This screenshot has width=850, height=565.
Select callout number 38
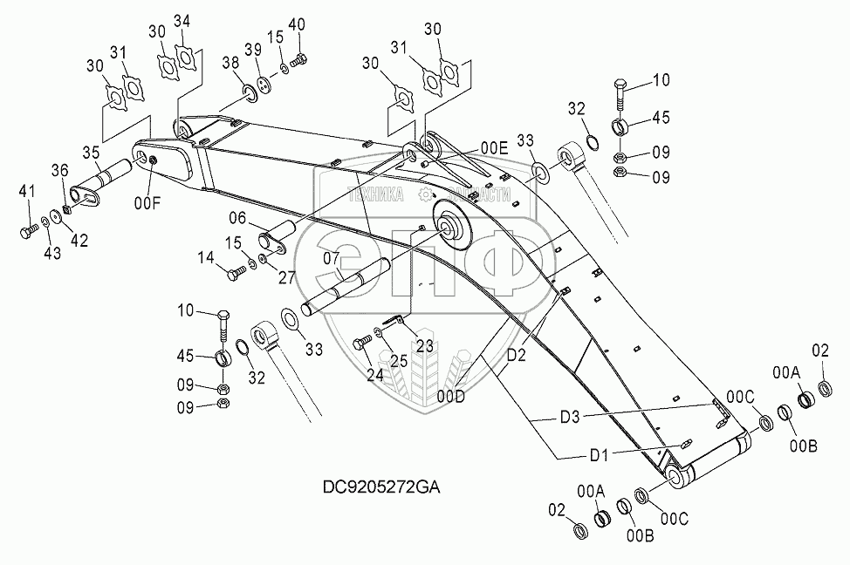tap(230, 62)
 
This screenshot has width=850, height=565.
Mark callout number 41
tap(28, 190)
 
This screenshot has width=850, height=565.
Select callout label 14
tap(204, 258)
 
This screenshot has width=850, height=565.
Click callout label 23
tap(423, 345)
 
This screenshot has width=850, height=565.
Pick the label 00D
tap(451, 396)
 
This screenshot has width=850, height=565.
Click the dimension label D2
tap(517, 356)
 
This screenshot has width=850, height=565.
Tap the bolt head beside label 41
tap(24, 232)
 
